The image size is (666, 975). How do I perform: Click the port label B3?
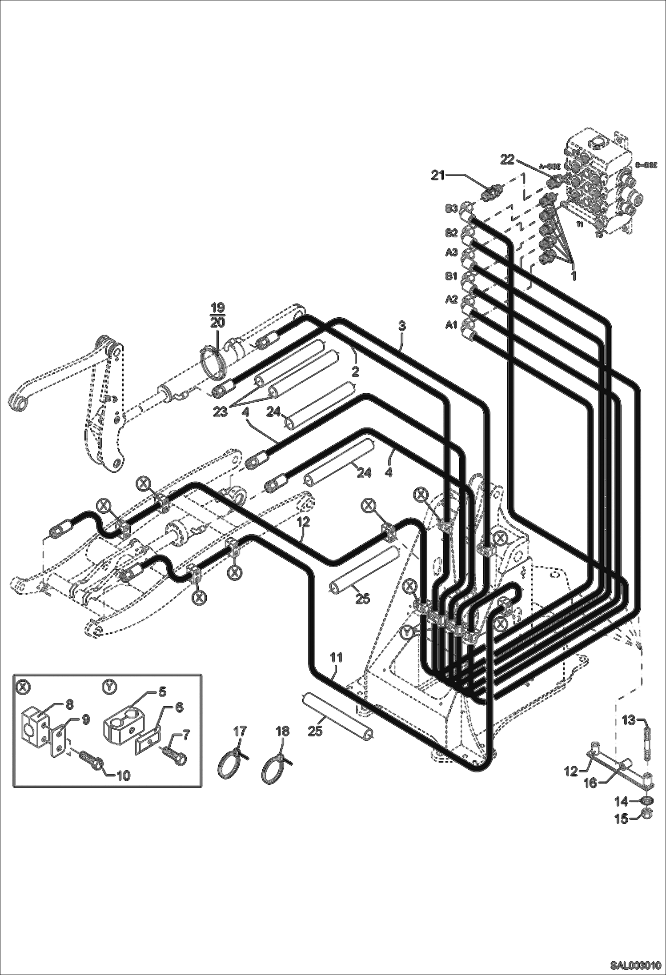tap(451, 208)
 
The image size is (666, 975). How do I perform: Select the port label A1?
tap(451, 325)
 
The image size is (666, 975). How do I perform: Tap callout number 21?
tap(438, 176)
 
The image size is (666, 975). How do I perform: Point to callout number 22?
tap(507, 159)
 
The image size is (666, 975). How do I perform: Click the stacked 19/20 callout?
tap(217, 315)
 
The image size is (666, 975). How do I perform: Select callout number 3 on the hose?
tap(402, 326)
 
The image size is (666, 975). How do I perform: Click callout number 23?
tap(220, 412)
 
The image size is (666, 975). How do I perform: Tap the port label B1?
tap(451, 276)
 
